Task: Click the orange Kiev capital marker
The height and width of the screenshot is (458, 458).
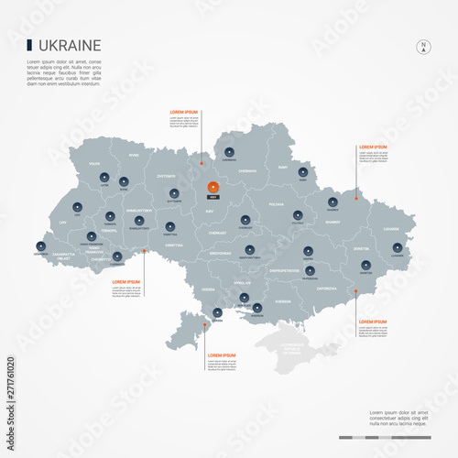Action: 213,187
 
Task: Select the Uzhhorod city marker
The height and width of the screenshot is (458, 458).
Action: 39,246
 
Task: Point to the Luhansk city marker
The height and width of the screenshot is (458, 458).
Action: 397,245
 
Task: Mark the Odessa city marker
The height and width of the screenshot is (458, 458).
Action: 217,312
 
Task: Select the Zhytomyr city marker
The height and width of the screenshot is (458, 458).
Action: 173,193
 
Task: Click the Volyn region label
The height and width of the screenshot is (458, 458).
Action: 93,164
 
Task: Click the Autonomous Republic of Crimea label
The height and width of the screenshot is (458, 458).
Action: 290,351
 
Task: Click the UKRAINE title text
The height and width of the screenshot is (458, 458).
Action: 71,45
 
